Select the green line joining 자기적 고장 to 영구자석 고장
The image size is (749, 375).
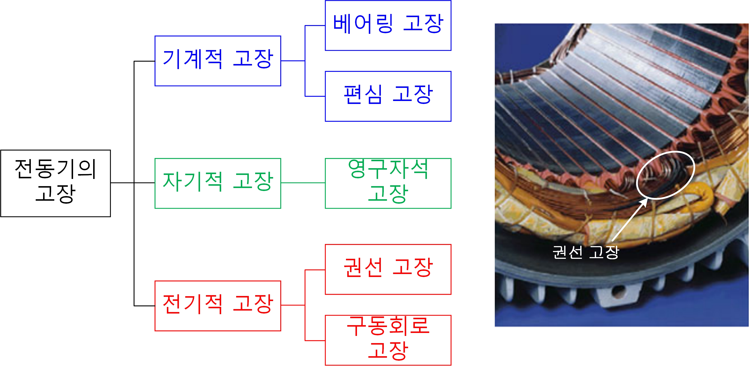click(303, 183)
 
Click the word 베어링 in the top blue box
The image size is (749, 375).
click(363, 24)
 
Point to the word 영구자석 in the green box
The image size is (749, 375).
click(388, 169)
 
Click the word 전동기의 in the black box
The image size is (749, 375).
click(55, 169)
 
